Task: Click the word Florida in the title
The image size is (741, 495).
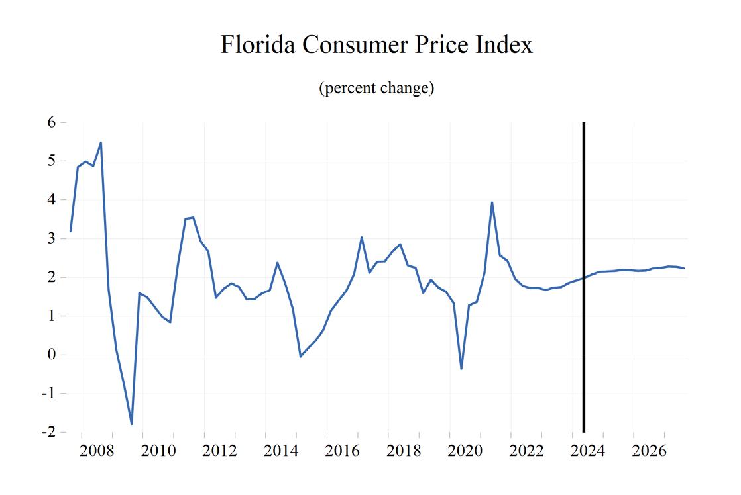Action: point(258,45)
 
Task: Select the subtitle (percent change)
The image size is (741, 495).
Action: point(376,88)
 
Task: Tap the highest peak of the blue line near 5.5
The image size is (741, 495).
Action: point(101,142)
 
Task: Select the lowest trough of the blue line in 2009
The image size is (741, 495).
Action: point(132,424)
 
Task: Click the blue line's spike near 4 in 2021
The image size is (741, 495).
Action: point(492,202)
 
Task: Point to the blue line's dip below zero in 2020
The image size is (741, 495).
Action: point(461,369)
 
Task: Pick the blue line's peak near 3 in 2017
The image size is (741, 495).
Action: point(361,237)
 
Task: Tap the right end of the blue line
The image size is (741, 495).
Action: point(684,268)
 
